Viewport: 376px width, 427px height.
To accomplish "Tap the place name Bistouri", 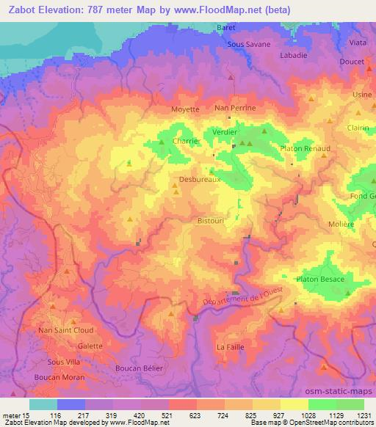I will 211,219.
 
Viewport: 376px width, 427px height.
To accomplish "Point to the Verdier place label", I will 225,132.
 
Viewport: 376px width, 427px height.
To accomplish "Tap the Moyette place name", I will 185,109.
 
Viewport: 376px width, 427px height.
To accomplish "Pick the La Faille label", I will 230,346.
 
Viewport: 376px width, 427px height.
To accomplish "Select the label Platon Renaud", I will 305,148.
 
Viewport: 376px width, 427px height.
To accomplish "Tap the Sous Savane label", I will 245,44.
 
